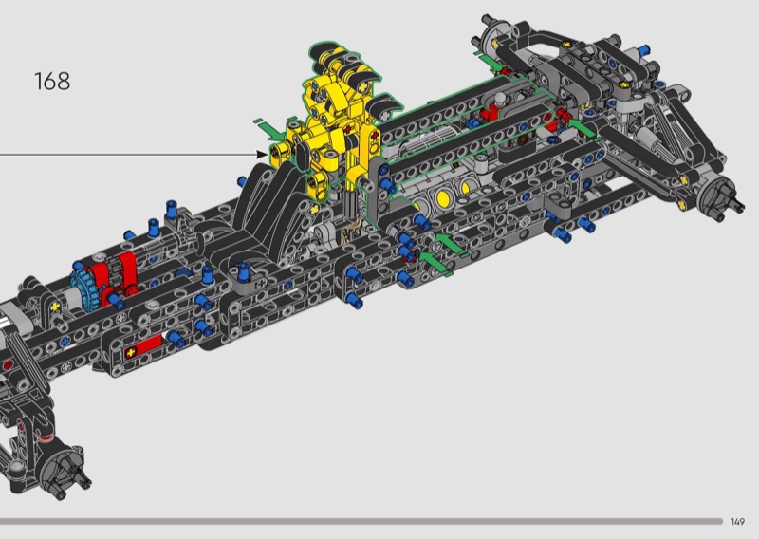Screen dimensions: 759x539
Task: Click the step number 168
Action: (x=52, y=81)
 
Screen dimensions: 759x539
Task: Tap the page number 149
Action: (x=737, y=522)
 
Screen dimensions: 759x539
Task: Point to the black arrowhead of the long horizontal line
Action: (x=261, y=155)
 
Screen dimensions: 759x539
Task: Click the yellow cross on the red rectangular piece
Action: (x=130, y=353)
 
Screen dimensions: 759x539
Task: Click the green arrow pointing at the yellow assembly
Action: (x=271, y=130)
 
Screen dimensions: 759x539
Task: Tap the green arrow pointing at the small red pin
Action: (x=583, y=128)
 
